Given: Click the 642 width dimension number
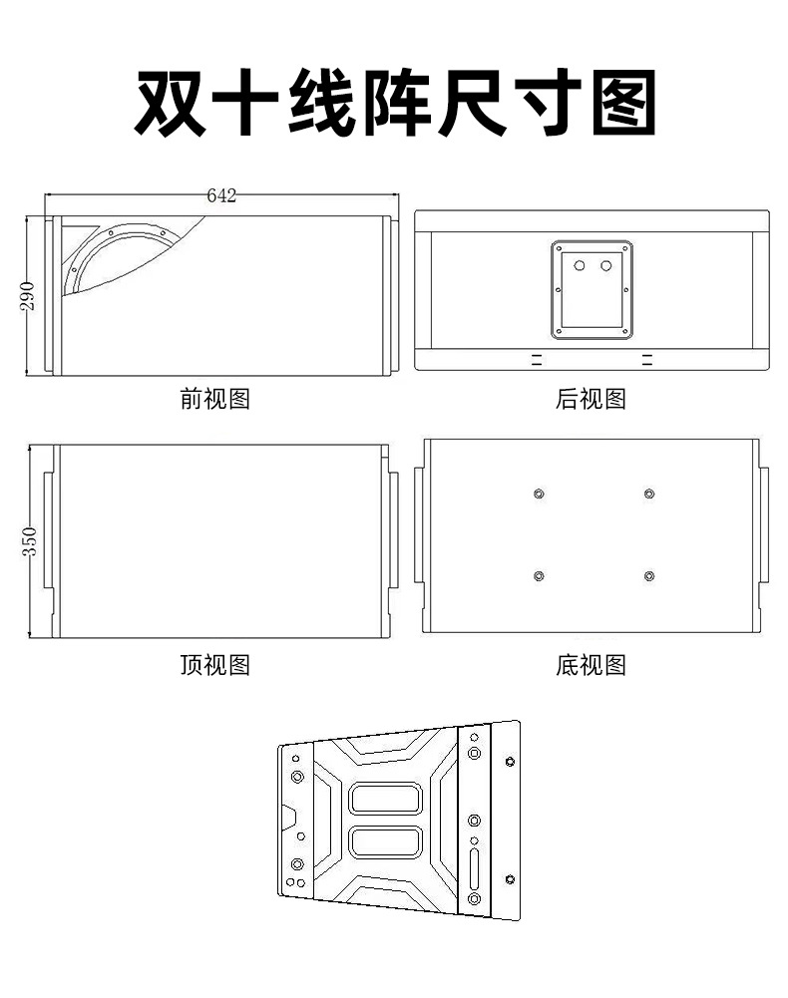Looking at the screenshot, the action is click(221, 195).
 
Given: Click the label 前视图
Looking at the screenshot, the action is click(214, 399).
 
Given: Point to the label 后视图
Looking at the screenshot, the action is click(591, 399).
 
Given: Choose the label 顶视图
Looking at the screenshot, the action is click(214, 664).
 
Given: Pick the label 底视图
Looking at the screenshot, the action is click(591, 664).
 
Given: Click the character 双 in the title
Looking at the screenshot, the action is click(171, 103).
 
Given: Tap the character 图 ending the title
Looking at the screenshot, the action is click(623, 103).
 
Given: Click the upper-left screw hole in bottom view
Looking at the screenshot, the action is click(539, 494).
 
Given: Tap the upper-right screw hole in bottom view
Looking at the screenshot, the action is click(649, 494).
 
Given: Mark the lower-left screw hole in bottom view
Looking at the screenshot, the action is click(539, 576).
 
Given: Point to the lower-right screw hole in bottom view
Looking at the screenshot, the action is click(649, 576).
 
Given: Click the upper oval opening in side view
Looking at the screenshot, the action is click(385, 798).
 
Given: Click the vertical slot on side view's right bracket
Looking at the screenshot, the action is click(474, 866).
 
